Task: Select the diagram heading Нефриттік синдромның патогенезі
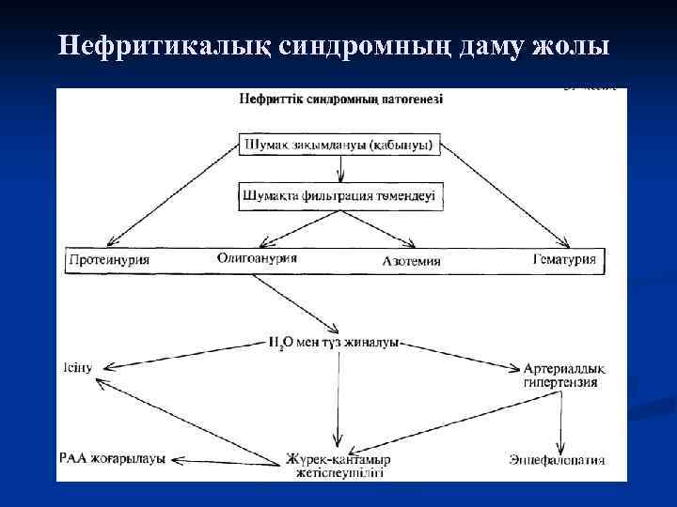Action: [341, 99]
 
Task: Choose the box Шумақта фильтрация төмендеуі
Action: [341, 195]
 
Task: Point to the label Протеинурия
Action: [109, 259]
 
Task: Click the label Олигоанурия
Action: [257, 257]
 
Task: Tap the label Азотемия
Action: [412, 260]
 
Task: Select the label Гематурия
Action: [564, 259]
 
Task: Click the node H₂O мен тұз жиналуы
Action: [334, 344]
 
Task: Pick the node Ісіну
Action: [79, 366]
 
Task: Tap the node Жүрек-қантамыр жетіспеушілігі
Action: [338, 466]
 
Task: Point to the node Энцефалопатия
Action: [556, 460]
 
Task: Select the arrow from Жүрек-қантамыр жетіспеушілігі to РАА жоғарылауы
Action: [226, 460]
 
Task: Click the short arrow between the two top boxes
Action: [340, 170]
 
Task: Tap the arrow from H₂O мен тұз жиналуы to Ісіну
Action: [188, 353]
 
